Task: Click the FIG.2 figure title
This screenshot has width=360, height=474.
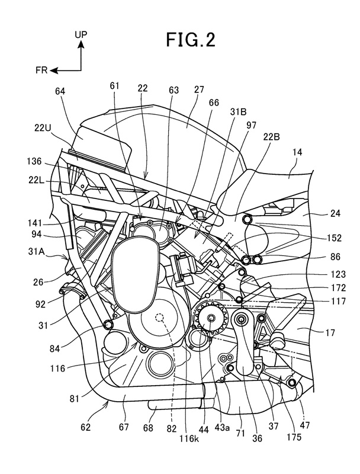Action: click(191, 40)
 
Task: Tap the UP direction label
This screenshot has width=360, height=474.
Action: click(81, 34)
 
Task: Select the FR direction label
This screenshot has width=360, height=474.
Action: click(41, 71)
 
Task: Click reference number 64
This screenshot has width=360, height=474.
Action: click(60, 91)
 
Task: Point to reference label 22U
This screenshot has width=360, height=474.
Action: click(43, 129)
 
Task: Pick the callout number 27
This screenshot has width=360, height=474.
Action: click(200, 90)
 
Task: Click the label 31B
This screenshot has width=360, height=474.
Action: click(238, 112)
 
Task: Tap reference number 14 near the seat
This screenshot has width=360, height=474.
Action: click(297, 152)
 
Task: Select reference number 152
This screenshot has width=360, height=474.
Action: click(333, 238)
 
